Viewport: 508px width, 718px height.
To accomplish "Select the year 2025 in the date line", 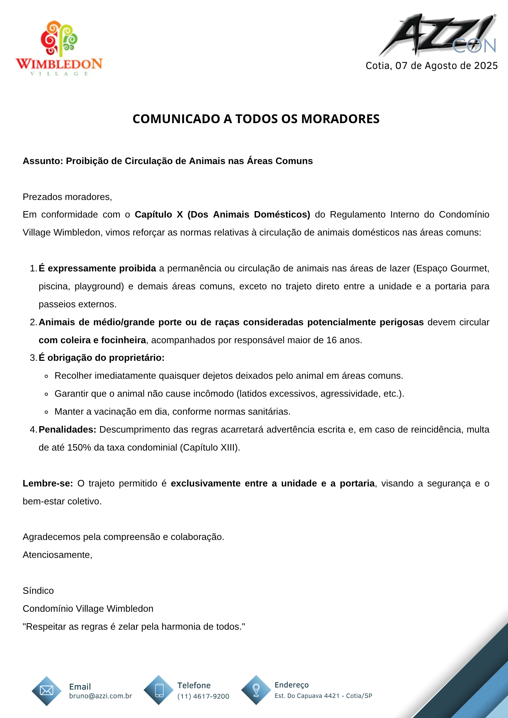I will [486, 66].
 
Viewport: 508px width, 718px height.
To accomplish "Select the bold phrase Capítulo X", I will [153, 214].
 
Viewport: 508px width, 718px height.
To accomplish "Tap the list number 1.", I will [33, 269].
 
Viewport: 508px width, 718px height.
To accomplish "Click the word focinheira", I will [123, 340].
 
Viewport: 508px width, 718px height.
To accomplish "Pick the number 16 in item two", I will [331, 340].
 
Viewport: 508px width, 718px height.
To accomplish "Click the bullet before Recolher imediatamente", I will [46, 376].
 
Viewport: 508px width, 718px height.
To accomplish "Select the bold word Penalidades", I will [67, 429].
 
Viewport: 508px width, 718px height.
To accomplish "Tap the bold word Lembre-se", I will [47, 483].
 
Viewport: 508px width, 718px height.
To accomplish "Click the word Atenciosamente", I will [57, 555].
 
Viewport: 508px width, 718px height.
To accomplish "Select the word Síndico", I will [38, 591].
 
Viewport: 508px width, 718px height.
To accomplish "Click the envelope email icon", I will [47, 690].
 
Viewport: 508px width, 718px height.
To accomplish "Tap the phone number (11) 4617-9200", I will [203, 696].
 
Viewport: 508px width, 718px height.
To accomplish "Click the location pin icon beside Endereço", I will [256, 689].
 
